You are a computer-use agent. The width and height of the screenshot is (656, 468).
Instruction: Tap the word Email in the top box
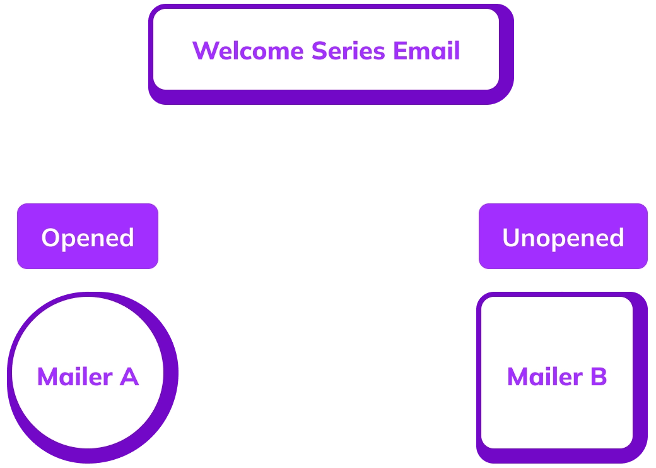426,51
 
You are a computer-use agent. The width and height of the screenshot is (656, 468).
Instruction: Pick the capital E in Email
400,51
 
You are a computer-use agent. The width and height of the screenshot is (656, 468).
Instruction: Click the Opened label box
88,237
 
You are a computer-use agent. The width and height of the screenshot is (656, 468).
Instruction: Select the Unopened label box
563,237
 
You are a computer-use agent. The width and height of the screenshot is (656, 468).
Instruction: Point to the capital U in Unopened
511,238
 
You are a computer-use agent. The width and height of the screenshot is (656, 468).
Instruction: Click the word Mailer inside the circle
74,377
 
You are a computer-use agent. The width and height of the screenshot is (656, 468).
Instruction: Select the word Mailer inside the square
544,377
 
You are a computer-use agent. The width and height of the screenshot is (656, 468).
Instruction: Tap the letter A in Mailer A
129,377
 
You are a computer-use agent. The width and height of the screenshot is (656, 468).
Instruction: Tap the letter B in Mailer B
599,377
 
